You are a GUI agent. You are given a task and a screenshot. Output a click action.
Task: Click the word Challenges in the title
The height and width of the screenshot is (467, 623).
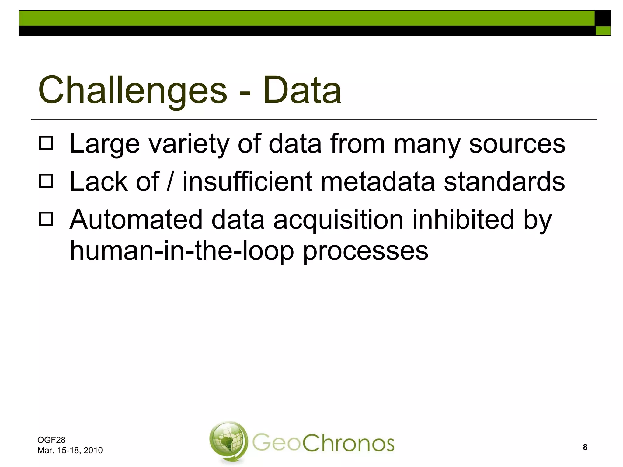click(133, 90)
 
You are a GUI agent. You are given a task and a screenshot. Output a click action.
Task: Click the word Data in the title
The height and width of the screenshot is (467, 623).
click(302, 90)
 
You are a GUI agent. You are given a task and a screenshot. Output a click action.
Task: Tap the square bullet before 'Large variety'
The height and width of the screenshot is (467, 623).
click(46, 143)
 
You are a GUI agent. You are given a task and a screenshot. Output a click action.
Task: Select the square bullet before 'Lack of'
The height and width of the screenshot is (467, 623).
click(46, 181)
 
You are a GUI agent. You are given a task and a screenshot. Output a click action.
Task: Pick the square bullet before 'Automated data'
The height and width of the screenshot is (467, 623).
click(46, 219)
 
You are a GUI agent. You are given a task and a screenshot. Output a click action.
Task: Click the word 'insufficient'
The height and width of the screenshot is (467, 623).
click(247, 182)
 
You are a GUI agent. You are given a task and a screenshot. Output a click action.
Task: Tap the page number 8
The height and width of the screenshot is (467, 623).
click(585, 447)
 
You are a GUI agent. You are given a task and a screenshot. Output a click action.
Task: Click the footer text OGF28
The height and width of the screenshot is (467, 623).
click(51, 440)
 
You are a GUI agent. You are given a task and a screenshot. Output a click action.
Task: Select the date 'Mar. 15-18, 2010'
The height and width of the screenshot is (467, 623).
click(70, 450)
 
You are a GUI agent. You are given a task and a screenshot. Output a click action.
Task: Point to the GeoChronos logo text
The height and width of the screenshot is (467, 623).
click(323, 443)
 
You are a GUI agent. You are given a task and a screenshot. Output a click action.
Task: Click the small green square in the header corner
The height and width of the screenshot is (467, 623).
click(603, 31)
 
